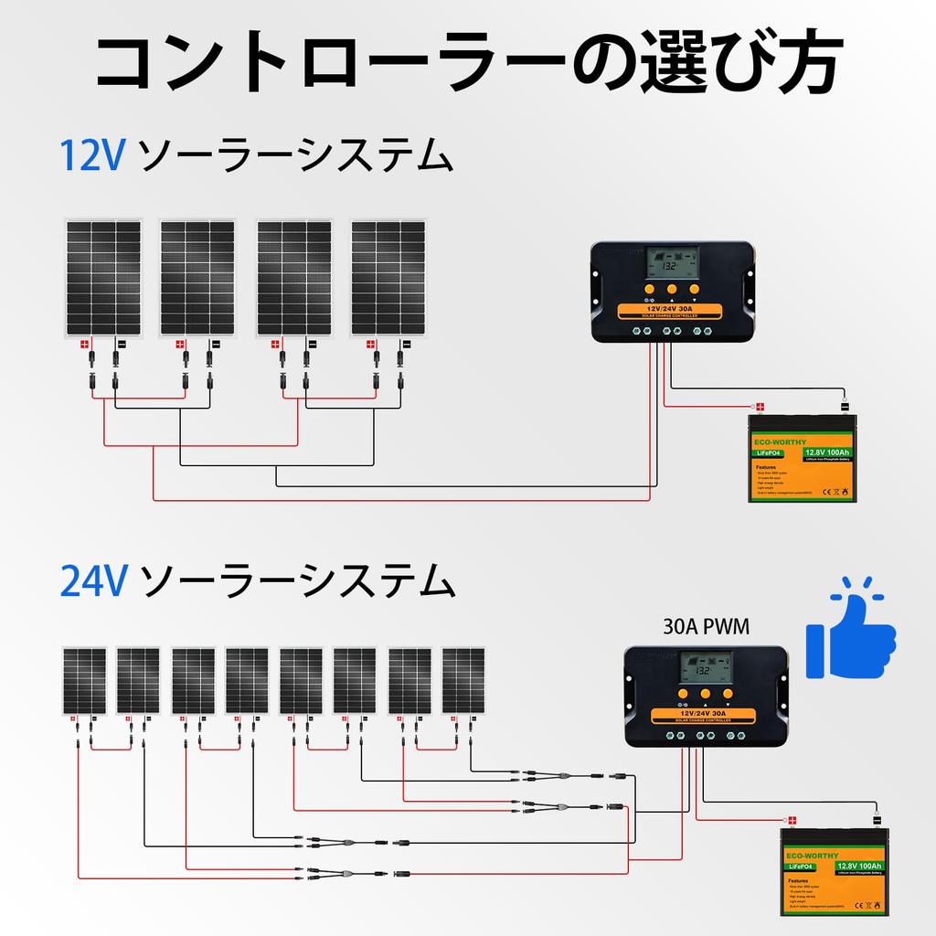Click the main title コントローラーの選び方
(x=467, y=64)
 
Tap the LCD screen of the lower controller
(x=706, y=667)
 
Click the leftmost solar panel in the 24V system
(x=84, y=682)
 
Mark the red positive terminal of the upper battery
(x=759, y=407)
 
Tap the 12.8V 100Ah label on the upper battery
(x=827, y=452)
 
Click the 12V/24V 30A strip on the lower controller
(x=706, y=710)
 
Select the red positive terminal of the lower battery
(x=792, y=820)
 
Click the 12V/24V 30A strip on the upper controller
(x=671, y=309)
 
